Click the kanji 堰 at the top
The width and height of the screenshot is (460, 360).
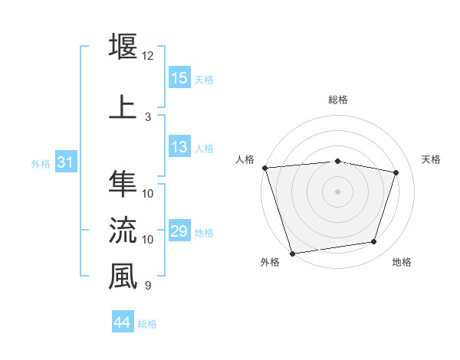click(x=123, y=45)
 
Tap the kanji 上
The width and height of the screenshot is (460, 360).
click(x=123, y=106)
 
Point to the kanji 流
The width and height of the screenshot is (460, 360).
click(x=123, y=229)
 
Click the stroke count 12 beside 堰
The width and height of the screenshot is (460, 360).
click(x=147, y=56)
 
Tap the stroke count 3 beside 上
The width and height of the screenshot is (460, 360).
click(x=147, y=117)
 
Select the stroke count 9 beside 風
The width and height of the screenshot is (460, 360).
click(x=147, y=286)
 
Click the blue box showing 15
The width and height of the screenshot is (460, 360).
click(x=179, y=78)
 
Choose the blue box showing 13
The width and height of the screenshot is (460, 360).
click(x=179, y=148)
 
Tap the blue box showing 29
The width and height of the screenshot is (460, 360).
click(x=179, y=231)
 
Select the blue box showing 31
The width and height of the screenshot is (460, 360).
click(x=65, y=162)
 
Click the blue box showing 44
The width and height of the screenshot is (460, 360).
click(x=123, y=322)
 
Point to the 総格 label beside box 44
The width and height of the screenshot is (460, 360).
click(x=147, y=324)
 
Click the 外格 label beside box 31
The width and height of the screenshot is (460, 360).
click(x=41, y=164)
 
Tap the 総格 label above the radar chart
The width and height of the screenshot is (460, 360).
click(x=337, y=100)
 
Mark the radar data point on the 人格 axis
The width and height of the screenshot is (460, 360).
click(x=264, y=168)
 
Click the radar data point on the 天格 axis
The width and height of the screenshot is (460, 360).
click(x=396, y=172)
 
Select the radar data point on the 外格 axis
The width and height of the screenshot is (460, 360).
click(x=292, y=253)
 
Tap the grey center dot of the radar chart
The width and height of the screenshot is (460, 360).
click(x=337, y=191)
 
